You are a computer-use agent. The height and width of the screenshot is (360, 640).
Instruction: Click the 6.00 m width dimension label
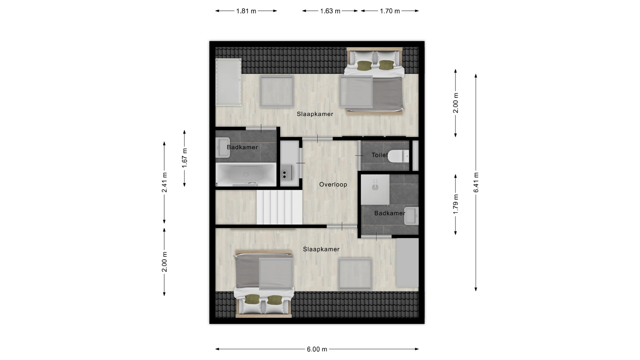(x=317, y=349)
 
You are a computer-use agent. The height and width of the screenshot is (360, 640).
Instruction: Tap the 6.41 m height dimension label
(x=476, y=182)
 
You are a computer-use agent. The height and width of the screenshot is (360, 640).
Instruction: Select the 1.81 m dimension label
(x=246, y=11)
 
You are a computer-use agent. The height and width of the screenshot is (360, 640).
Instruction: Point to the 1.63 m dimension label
(x=330, y=11)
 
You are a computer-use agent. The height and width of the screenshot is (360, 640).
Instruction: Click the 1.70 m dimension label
(x=390, y=11)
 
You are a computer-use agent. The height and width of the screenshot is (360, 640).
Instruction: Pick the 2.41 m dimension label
(x=164, y=182)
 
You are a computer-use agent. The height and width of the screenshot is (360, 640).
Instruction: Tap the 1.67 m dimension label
(x=185, y=158)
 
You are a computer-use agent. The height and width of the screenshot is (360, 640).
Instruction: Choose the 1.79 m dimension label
(x=456, y=204)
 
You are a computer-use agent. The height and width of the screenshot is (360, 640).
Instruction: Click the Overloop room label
(x=333, y=184)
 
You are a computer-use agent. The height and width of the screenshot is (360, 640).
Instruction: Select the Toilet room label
(x=380, y=155)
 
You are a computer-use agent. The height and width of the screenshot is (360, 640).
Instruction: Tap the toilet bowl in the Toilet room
(x=399, y=156)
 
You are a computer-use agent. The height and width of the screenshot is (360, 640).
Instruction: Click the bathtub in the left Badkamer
(x=246, y=174)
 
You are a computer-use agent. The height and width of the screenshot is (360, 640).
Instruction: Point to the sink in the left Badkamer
(x=223, y=147)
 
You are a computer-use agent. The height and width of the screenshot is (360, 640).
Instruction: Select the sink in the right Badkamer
(x=411, y=216)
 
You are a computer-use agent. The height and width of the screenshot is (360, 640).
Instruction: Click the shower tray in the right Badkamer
(x=375, y=189)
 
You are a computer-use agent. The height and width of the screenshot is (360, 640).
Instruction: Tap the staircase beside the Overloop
(x=279, y=207)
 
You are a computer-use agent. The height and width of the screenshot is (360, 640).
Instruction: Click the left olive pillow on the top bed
(x=364, y=66)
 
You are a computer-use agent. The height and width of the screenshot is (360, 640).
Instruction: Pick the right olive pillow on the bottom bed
(x=275, y=300)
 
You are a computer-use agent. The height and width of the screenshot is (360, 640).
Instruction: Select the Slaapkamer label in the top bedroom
(x=315, y=114)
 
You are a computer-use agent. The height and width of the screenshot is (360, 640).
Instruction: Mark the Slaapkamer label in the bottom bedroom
(x=321, y=249)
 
